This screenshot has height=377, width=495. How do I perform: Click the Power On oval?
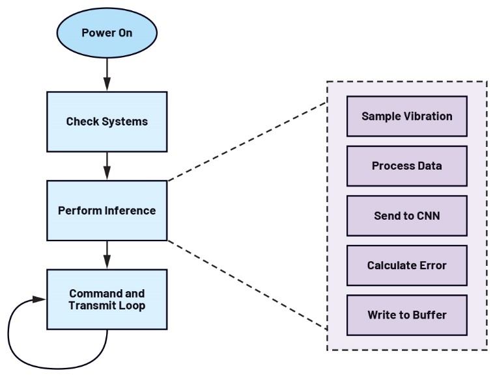[x=107, y=32]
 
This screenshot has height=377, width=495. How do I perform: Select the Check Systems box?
[x=107, y=122]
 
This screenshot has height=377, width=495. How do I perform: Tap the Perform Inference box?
[x=107, y=211]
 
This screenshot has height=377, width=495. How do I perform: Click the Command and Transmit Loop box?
[x=107, y=299]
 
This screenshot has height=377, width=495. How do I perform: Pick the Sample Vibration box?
[x=406, y=116]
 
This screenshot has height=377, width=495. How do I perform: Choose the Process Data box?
[x=406, y=166]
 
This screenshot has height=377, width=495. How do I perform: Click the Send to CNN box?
[x=406, y=216]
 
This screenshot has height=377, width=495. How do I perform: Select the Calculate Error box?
[x=406, y=265]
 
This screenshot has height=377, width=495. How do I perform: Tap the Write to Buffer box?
[x=406, y=315]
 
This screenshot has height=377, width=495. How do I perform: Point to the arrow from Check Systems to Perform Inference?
[x=107, y=165]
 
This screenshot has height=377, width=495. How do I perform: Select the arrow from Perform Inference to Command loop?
[x=107, y=253]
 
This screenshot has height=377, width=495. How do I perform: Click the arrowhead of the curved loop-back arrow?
[x=40, y=300]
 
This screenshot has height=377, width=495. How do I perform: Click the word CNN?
[x=427, y=216]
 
